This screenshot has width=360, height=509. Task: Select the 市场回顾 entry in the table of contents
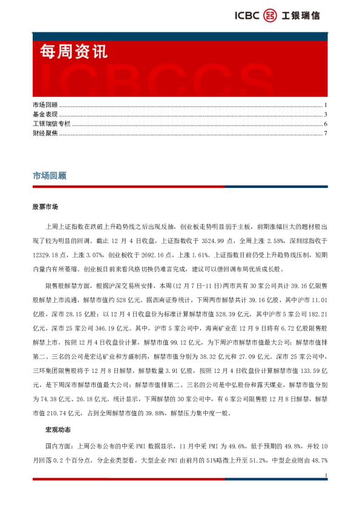[45, 105]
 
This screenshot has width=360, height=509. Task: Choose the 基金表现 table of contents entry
[45, 114]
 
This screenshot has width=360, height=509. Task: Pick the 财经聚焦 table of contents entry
[45, 133]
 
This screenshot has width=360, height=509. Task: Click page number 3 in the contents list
[326, 114]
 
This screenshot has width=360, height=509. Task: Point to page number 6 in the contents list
[326, 124]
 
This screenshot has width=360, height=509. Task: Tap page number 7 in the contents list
[326, 133]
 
